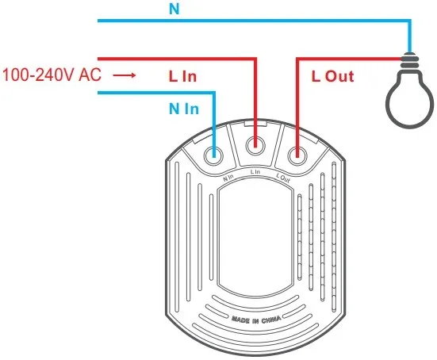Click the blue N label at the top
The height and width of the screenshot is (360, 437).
pos(174,9)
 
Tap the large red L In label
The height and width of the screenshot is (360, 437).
pos(183,76)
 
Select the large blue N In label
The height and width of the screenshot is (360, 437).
pos(184,109)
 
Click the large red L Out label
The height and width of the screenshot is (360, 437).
pos(333,76)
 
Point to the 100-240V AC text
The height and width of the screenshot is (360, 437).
pos(52,75)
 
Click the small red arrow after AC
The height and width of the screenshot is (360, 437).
pos(125,75)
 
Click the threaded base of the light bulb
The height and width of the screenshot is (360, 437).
pos(409,60)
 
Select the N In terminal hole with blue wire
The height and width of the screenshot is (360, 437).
pos(213,154)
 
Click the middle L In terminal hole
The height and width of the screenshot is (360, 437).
pos(255,145)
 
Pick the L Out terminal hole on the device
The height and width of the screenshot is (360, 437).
pos(297,155)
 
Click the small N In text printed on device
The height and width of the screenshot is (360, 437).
pos(228,178)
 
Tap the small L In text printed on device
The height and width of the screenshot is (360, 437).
pos(255,172)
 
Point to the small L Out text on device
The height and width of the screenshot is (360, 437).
pos(283,178)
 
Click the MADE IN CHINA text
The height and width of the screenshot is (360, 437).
pos(256,320)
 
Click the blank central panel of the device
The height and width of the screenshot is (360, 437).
pos(255,239)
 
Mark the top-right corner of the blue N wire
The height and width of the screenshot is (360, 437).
pos(410,21)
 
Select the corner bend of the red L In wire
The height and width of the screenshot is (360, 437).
pos(255,59)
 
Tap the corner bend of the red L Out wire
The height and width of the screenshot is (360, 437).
pos(297,59)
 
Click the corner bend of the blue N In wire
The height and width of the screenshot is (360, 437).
pos(214,93)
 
